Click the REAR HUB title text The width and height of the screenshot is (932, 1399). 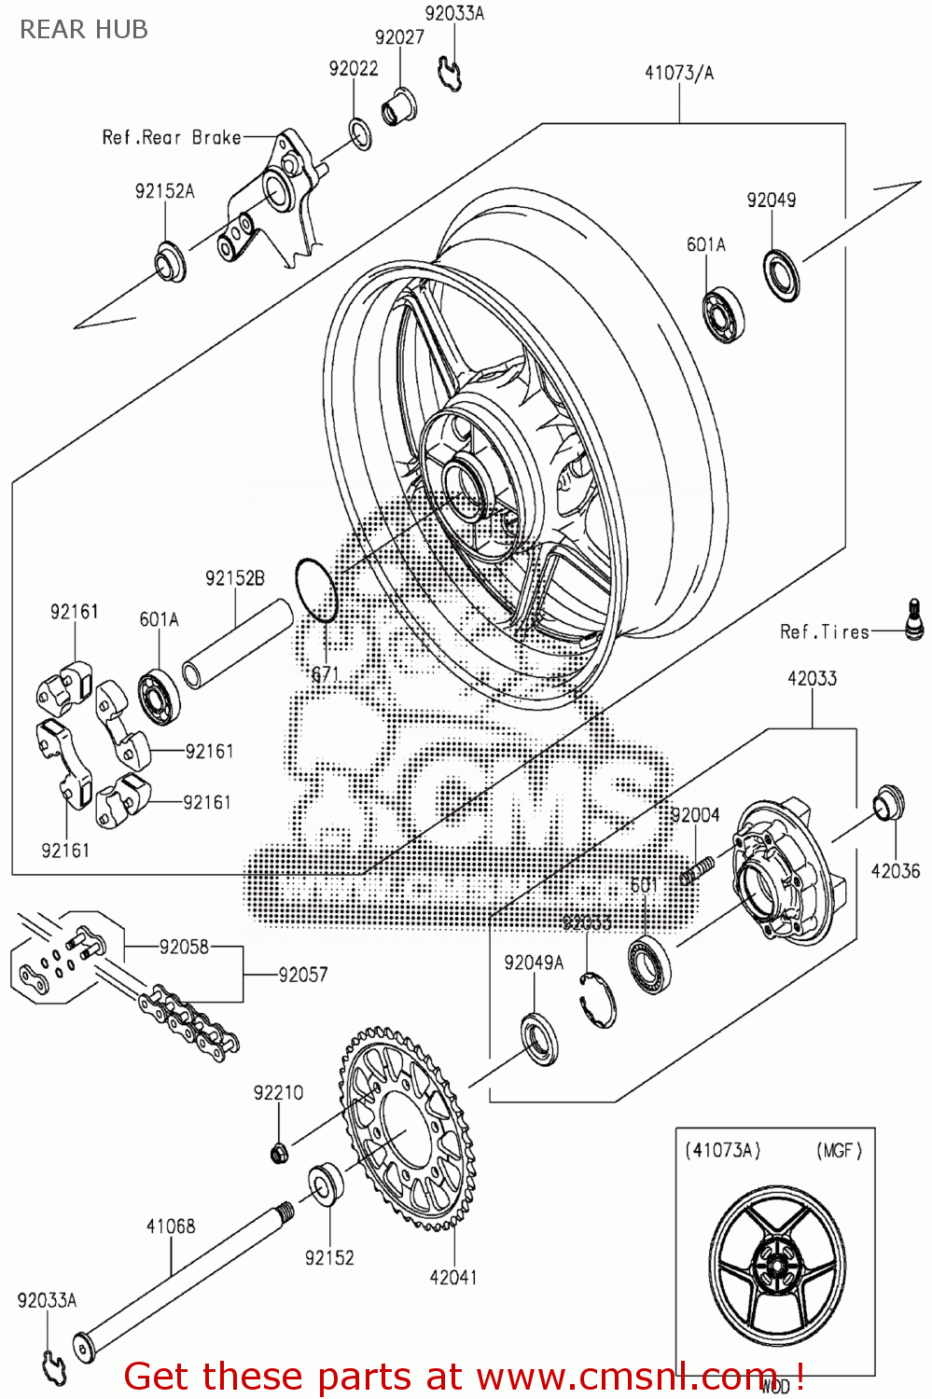[84, 30]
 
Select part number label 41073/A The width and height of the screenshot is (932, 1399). [678, 73]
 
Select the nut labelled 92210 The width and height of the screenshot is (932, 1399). [278, 1154]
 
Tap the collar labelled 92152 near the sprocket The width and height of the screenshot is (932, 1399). [326, 1183]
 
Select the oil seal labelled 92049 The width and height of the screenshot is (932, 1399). [781, 275]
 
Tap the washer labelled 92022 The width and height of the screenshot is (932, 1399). [360, 133]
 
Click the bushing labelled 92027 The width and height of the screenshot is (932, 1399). [399, 108]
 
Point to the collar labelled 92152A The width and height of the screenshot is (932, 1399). [170, 262]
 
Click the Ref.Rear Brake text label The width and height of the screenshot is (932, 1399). [172, 138]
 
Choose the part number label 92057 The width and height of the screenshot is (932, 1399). [302, 975]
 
